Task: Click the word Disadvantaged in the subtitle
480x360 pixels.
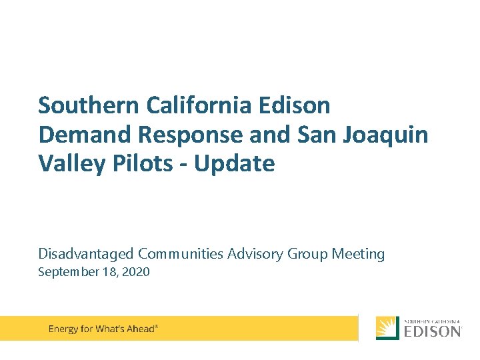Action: tap(86, 254)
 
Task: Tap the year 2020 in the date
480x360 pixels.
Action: tap(135, 272)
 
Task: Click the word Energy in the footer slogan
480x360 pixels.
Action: tap(63, 329)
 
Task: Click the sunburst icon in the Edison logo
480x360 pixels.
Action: tap(387, 328)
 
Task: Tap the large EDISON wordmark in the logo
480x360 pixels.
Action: tap(432, 331)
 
